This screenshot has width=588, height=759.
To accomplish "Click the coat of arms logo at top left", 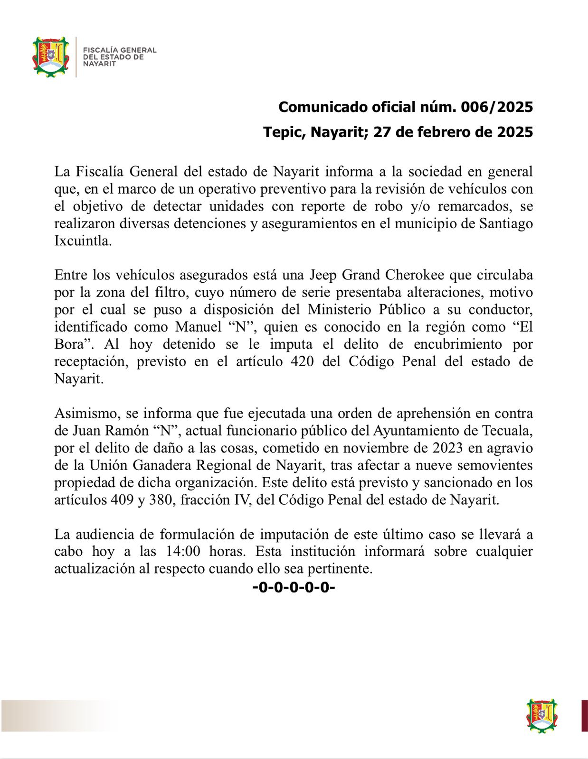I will click(x=50, y=57).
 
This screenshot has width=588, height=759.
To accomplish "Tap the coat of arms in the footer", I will click(x=542, y=715).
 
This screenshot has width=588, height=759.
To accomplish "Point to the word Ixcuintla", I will click(x=83, y=241).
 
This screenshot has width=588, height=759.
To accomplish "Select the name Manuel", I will click(x=198, y=327).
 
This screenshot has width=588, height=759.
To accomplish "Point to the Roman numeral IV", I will click(x=242, y=500).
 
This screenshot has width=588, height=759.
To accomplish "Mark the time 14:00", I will click(x=183, y=552).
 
